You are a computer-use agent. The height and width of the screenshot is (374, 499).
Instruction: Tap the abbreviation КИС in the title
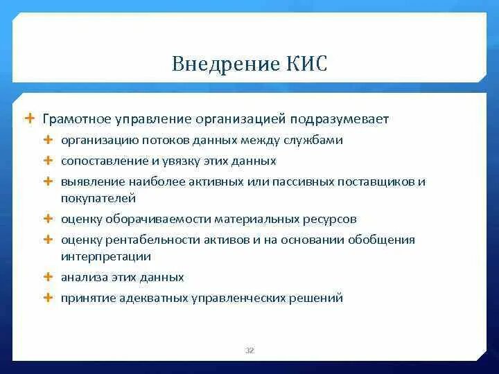tap(305, 65)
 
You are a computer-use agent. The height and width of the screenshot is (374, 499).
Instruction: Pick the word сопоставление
tap(99, 161)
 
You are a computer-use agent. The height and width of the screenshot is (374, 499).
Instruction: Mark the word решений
tap(318, 298)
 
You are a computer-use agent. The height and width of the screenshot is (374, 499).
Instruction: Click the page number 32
tap(249, 350)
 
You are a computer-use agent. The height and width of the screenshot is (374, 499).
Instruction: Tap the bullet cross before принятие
tap(48, 298)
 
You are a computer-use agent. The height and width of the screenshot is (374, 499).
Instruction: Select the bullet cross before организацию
tap(48, 141)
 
